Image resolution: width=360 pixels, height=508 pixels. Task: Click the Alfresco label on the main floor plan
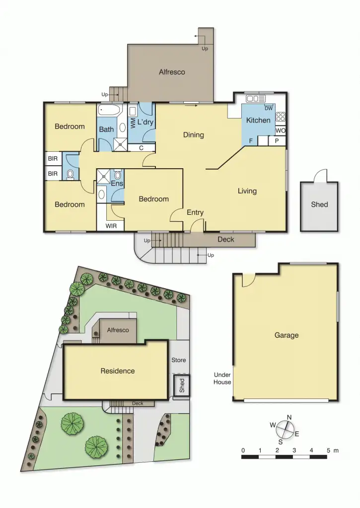[x=172, y=72]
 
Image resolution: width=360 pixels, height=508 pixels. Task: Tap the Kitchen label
[x=258, y=120]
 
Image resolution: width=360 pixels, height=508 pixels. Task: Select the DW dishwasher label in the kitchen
[x=268, y=109]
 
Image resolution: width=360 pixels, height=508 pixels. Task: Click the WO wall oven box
[x=281, y=130]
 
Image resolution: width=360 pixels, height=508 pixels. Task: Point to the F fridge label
[x=251, y=141]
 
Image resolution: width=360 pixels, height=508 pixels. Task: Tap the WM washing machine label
[x=133, y=123]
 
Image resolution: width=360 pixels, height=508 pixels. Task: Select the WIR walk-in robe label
[x=111, y=226]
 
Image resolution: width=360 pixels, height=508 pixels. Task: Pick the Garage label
[x=287, y=335]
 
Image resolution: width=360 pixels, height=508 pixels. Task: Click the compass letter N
[x=289, y=417]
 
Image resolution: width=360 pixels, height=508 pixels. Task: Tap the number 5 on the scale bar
[x=328, y=450]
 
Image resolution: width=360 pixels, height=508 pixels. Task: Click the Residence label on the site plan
[x=118, y=371]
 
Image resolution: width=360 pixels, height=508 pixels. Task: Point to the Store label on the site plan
[x=178, y=360]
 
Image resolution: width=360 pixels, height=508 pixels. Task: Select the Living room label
[x=247, y=191]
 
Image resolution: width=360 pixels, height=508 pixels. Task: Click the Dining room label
[x=193, y=135]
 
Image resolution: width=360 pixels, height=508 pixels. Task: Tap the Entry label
[x=195, y=213]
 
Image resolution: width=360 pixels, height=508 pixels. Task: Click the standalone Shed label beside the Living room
[x=319, y=204]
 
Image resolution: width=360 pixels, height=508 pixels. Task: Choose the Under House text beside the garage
[x=222, y=378]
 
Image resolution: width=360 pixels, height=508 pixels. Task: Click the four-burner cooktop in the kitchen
[x=281, y=117]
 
